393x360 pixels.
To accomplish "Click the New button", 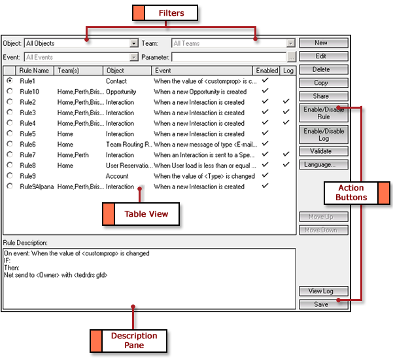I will point(320,43).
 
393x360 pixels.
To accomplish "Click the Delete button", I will point(320,69).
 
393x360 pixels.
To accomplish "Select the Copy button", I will point(320,83).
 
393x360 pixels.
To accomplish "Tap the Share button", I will point(320,96).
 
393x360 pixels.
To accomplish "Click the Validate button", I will point(320,151).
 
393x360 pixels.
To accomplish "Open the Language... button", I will point(320,165).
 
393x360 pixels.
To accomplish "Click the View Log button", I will point(320,291).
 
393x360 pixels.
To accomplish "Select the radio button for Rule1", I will point(10,81).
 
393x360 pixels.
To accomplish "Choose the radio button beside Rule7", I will point(10,155).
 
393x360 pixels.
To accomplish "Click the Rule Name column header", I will point(35,70).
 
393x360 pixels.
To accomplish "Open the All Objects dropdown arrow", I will point(133,44).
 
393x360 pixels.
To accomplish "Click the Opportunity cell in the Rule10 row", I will point(122,92).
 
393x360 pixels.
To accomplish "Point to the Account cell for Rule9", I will point(117,176).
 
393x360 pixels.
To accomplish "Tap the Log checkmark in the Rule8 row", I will point(286,166).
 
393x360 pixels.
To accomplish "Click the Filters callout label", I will point(165,12).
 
